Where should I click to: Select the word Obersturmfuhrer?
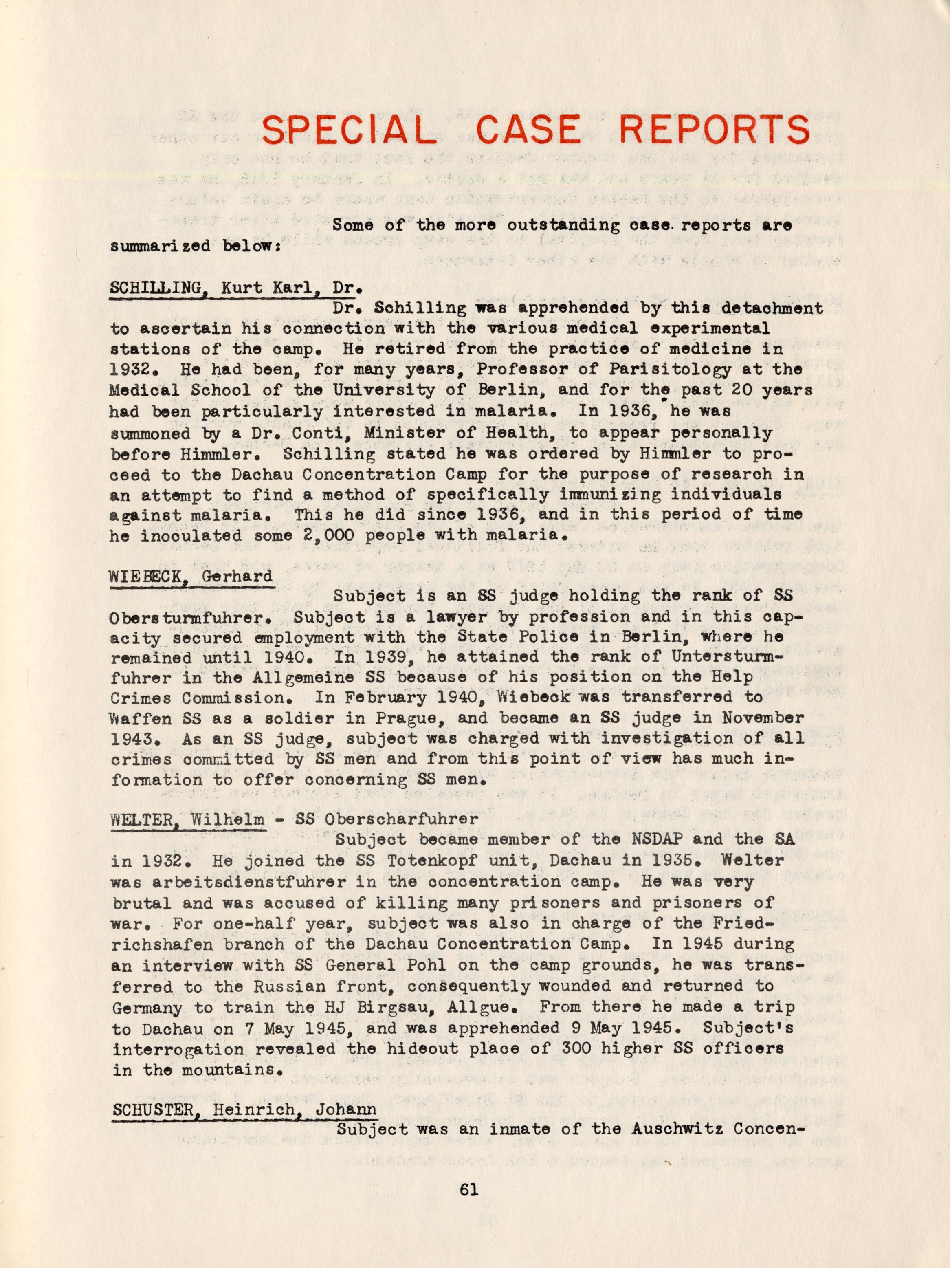pyautogui.click(x=195, y=617)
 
